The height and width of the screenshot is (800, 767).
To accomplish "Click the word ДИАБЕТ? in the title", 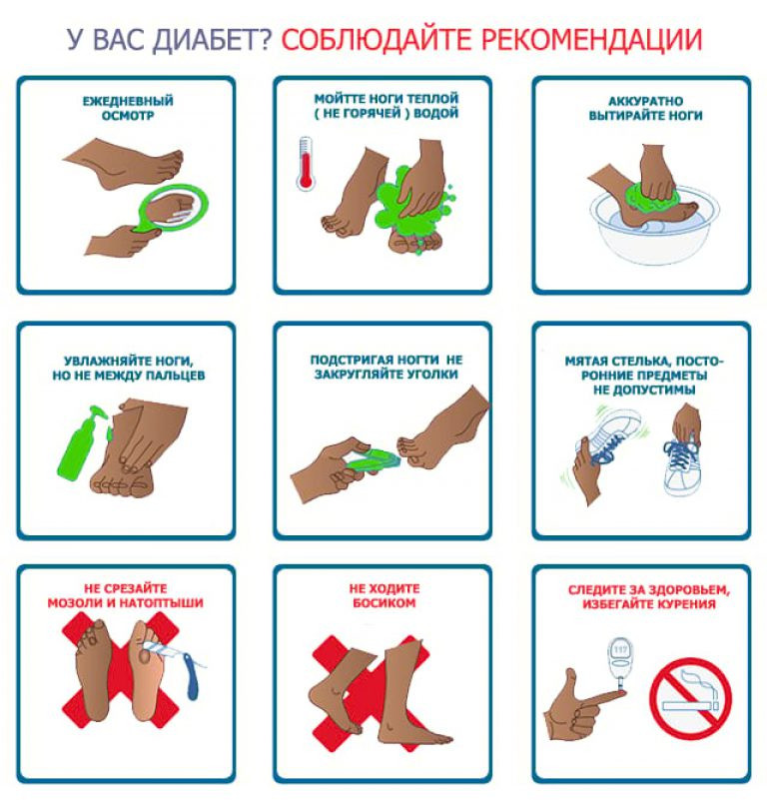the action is [213, 40].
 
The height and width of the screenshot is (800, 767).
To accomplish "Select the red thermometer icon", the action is [306, 164].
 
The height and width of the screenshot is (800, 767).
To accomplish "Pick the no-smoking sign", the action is [690, 698].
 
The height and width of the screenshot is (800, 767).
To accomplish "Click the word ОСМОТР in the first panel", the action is [128, 116].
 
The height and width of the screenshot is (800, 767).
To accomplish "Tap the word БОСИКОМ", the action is [384, 603].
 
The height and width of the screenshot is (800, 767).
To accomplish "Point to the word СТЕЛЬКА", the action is [641, 362].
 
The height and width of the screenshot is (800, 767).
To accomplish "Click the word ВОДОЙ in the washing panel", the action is [436, 113].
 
